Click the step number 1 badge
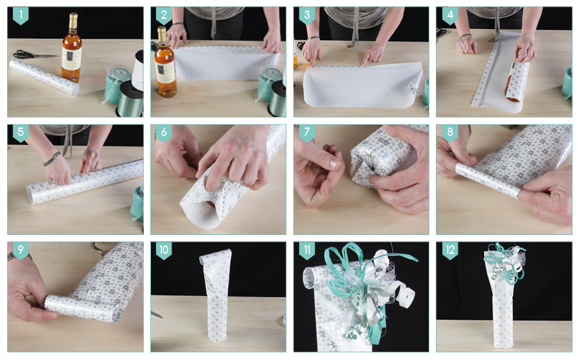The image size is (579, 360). (21, 16)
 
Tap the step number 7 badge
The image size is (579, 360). (307, 133)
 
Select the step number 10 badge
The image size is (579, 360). (164, 251)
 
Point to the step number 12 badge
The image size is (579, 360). (449, 251)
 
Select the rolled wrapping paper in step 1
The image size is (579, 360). (44, 77)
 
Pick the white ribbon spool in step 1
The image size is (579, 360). (138, 70)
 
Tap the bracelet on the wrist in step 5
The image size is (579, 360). (52, 159)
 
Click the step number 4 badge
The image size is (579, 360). (449, 16)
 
